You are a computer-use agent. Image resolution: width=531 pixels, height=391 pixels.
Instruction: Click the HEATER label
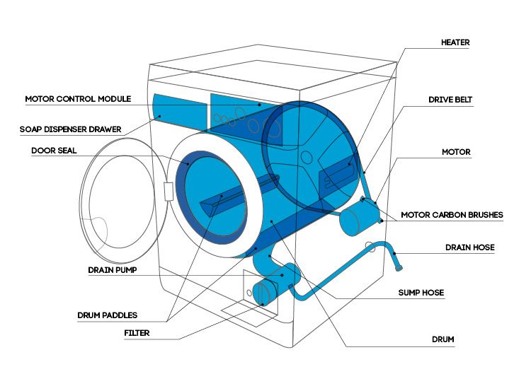coord(455,42)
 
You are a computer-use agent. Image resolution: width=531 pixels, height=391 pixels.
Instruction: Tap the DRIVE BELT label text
coord(450,100)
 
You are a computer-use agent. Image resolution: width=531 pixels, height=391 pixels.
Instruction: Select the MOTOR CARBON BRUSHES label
coord(452,215)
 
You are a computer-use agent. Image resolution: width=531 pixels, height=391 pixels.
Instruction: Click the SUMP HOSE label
coord(439,291)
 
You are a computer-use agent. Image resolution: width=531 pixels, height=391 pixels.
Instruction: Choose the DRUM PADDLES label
coord(107,315)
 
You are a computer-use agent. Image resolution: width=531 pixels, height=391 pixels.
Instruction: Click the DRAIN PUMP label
coord(112,269)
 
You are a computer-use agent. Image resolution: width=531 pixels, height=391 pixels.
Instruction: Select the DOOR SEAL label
coord(54,151)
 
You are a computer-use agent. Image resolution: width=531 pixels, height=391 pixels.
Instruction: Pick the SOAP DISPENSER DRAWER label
coord(70,129)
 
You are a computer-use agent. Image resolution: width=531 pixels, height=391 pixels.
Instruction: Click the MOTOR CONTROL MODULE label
coord(77,99)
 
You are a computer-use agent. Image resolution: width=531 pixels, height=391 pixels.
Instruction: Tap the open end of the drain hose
coord(401,269)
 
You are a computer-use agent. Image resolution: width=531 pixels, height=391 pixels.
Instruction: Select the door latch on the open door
coord(168,192)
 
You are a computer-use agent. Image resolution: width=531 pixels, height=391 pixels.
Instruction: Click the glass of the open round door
coord(117,205)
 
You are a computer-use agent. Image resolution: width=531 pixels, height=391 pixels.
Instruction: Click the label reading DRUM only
coord(442,339)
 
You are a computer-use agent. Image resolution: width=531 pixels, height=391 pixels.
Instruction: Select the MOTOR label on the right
coord(456,152)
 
